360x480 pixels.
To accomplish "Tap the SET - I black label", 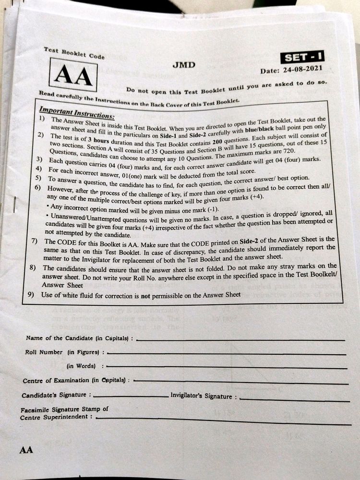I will coord(303,57).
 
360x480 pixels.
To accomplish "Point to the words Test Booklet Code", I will coord(74,53).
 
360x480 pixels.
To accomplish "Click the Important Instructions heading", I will coord(77,114).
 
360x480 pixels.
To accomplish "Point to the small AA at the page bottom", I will coord(26,450).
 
